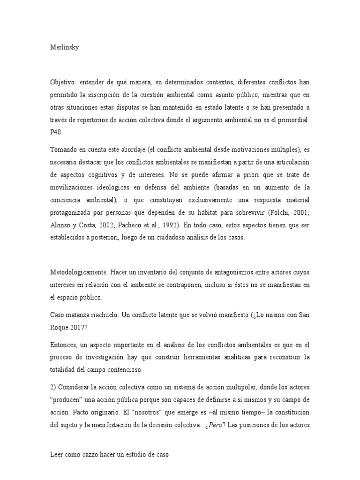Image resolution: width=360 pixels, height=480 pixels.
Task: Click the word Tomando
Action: click(65, 150)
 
